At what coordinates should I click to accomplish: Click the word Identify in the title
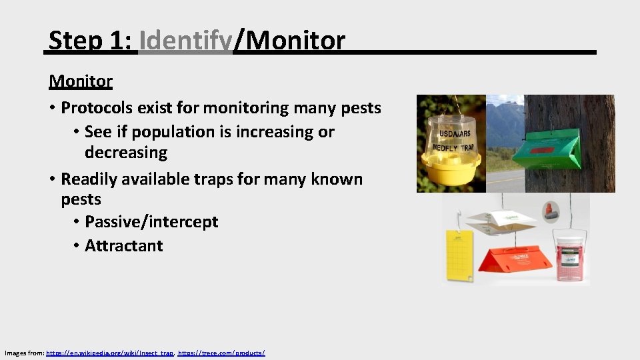click(x=185, y=41)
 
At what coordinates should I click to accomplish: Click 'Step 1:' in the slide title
click(x=91, y=41)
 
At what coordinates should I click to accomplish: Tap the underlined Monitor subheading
click(x=81, y=81)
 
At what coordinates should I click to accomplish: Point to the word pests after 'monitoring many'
click(x=361, y=107)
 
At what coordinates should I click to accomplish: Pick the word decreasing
click(x=126, y=153)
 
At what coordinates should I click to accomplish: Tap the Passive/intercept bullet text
click(x=151, y=222)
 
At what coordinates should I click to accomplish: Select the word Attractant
click(x=124, y=246)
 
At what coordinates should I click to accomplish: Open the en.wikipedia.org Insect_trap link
click(x=109, y=352)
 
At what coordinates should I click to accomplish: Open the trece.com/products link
click(x=221, y=352)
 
